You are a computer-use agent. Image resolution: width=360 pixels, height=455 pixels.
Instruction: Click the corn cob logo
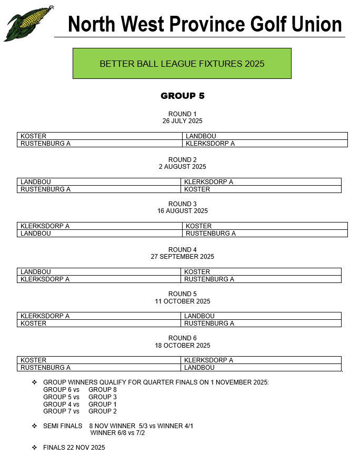(x=28, y=23)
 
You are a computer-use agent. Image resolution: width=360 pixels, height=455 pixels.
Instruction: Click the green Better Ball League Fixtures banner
(x=182, y=64)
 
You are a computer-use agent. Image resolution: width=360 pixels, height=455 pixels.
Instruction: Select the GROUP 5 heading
(x=183, y=96)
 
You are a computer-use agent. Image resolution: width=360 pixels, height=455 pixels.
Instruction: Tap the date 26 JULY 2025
(x=182, y=121)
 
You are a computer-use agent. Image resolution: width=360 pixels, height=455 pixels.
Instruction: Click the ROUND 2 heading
(x=182, y=159)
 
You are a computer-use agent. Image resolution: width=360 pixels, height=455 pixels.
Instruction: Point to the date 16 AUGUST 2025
(x=182, y=211)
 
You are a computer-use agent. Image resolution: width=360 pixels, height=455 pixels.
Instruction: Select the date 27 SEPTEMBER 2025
(x=182, y=257)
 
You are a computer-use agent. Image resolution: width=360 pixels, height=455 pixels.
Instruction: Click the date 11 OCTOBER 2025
(x=182, y=301)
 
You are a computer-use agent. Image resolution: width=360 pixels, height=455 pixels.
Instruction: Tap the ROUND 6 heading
(x=182, y=338)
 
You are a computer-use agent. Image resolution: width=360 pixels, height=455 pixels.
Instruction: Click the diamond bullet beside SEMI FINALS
(x=35, y=426)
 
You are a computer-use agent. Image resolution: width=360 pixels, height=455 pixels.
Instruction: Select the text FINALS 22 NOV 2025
(x=74, y=448)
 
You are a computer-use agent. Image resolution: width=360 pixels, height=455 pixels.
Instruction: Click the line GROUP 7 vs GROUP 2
(x=80, y=411)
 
